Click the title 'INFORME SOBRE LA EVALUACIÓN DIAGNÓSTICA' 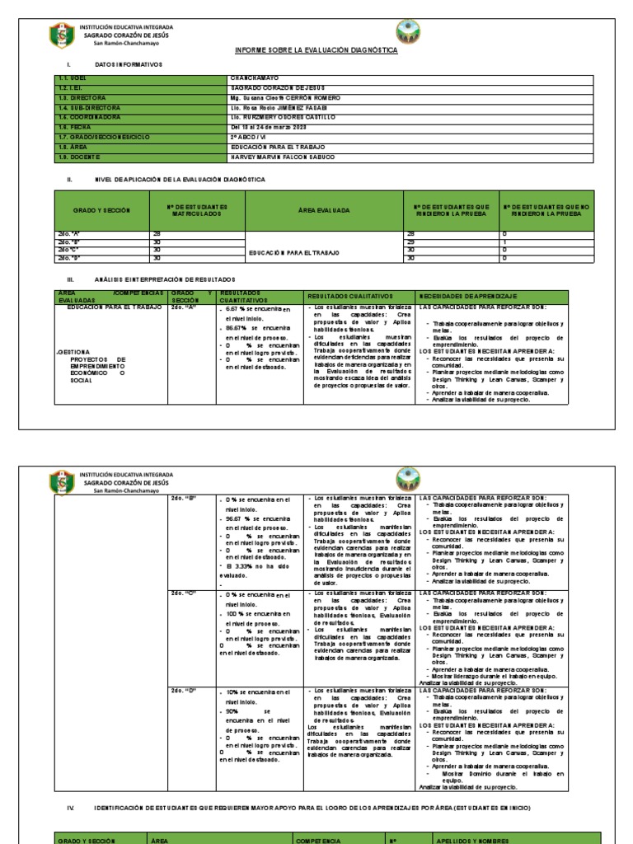tap(316, 50)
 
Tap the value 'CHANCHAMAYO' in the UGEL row tap(255, 77)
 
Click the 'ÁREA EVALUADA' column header tap(323, 210)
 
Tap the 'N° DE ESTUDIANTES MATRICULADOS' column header tap(197, 210)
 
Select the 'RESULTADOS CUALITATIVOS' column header tap(350, 296)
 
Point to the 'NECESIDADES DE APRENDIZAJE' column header tap(468, 296)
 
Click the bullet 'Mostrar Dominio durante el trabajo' tap(503, 773)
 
